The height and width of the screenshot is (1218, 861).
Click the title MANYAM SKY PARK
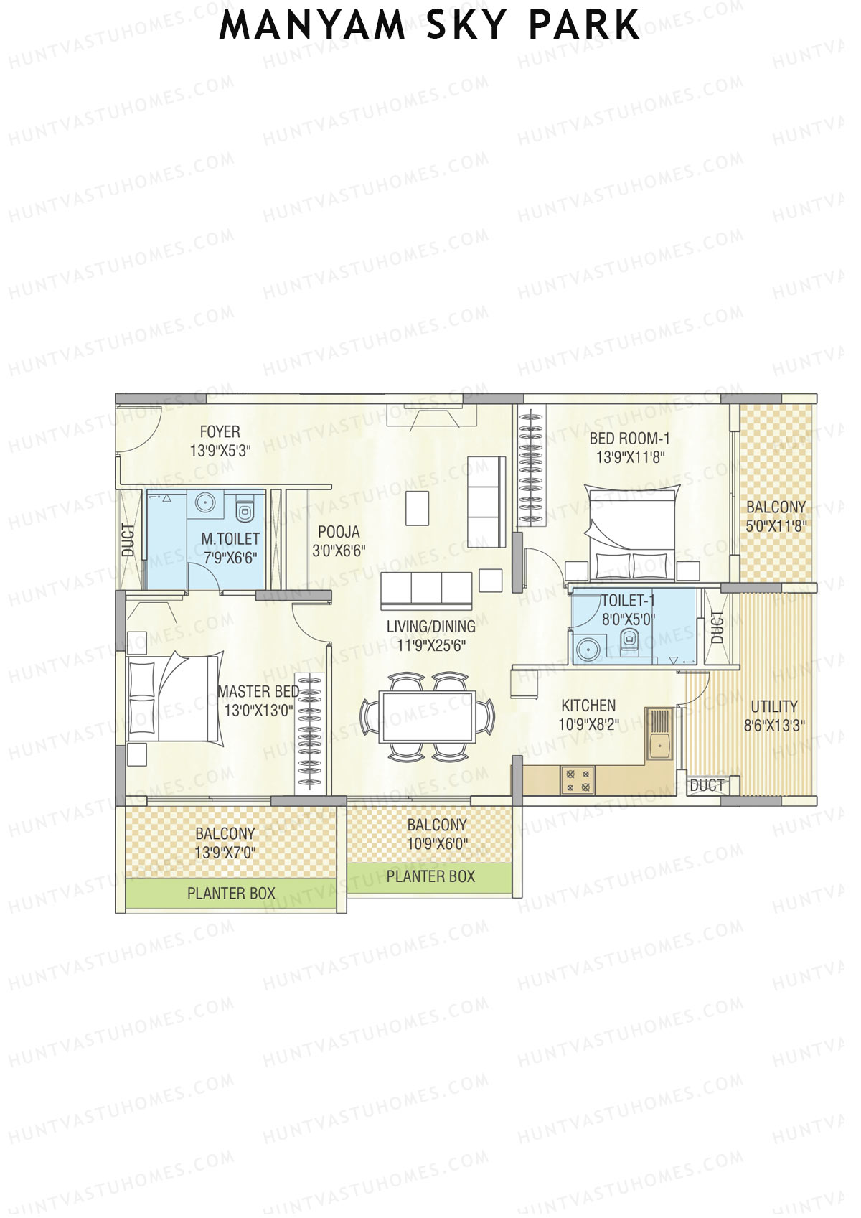point(429,26)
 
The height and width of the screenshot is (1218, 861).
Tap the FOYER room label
point(220,432)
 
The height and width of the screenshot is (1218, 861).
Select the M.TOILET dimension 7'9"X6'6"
point(230,557)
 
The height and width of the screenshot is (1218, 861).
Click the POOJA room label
point(339,533)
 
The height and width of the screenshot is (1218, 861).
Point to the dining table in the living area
point(428,716)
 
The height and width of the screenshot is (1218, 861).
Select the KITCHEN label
point(588,706)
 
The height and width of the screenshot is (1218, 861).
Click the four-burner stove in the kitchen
point(578,780)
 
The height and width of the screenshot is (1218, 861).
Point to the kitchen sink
point(659,746)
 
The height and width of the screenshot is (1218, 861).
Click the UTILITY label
point(774,706)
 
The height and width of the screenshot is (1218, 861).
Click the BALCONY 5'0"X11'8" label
point(776,515)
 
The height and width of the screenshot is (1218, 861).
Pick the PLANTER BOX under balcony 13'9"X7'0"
point(231,894)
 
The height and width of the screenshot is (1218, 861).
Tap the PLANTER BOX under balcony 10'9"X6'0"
point(430,876)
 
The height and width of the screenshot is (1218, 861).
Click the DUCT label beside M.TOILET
point(128,540)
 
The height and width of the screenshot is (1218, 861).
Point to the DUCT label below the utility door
point(707,786)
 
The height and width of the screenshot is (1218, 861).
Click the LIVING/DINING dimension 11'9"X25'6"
point(430,645)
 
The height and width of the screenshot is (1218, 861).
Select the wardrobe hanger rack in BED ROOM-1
point(531,467)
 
